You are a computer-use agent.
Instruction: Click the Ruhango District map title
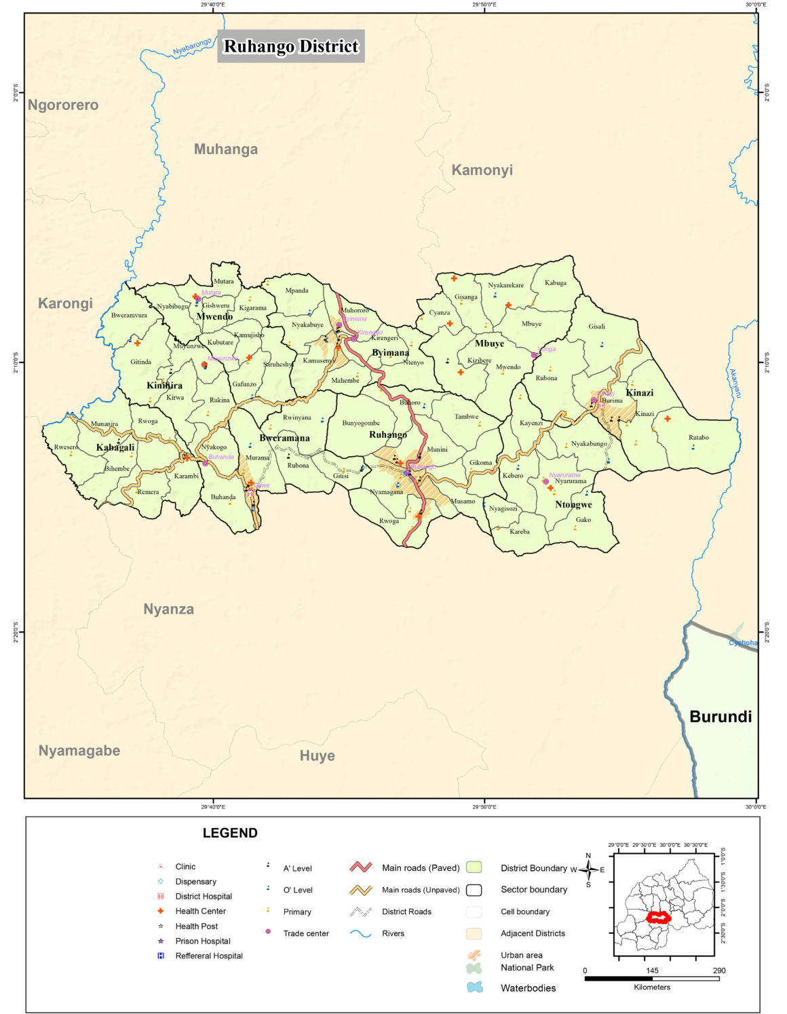coord(290,46)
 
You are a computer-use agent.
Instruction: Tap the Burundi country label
coord(720,716)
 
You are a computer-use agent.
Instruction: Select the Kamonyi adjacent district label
coord(482,170)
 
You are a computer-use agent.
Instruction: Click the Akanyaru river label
coord(735,383)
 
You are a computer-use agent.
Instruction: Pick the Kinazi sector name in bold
coord(639,392)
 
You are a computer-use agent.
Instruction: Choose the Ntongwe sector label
coord(573,504)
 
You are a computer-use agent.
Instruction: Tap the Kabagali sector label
coord(115,447)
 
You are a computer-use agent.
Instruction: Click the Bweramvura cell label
coord(129,315)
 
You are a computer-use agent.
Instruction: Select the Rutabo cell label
coord(698,437)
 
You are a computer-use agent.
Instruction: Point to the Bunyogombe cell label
coord(361,423)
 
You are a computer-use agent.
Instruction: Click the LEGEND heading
coord(230,833)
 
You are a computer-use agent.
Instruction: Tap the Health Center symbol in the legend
coord(161,911)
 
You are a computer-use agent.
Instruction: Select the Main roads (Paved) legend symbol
coord(360,867)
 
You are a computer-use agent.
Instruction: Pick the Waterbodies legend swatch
coord(475,988)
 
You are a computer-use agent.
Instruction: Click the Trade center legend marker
coord(268,933)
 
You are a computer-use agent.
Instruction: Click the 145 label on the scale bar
coord(652,971)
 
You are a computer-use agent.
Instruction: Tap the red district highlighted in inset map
coord(657,917)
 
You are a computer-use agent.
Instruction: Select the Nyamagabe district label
coord(79,750)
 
